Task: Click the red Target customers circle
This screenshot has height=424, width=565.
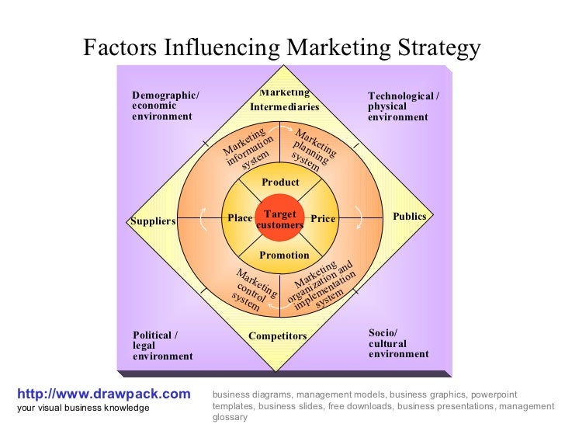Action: click(279, 218)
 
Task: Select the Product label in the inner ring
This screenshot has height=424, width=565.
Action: click(280, 182)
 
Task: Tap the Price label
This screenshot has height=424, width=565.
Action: click(323, 219)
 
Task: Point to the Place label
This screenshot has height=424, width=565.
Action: click(240, 218)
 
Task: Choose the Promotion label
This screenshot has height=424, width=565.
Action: click(284, 255)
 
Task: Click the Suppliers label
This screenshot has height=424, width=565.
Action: click(153, 221)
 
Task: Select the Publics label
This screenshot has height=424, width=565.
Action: click(410, 217)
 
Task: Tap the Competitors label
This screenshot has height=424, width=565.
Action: click(278, 336)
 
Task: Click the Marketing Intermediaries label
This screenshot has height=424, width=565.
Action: click(284, 100)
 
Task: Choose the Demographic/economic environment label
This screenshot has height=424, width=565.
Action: click(165, 106)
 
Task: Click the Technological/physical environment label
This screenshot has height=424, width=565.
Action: click(403, 106)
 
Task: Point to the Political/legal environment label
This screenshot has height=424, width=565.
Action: click(162, 346)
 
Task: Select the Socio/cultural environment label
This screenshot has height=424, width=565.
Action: click(398, 343)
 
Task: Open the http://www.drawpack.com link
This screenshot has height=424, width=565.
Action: click(103, 394)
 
